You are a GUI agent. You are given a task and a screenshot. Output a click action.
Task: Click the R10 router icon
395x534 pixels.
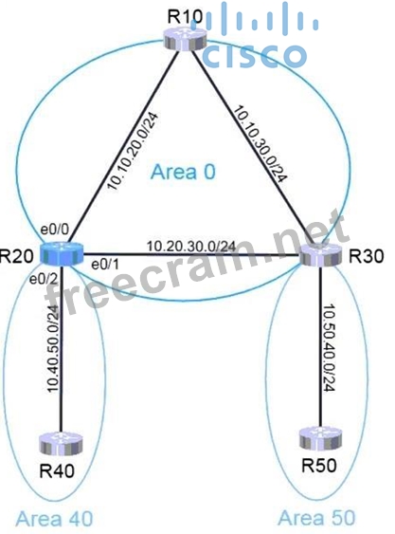(x=185, y=40)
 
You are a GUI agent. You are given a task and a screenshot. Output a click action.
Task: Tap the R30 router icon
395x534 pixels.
(x=320, y=255)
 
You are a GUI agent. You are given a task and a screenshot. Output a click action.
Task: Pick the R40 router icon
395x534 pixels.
(x=61, y=444)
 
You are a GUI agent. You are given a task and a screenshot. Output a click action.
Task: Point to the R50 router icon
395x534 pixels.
(x=320, y=438)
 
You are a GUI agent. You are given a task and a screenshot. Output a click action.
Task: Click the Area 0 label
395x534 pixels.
(x=183, y=172)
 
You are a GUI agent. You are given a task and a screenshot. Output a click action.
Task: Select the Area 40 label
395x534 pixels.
(x=54, y=519)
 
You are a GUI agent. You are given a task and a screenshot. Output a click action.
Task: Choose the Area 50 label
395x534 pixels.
(x=316, y=518)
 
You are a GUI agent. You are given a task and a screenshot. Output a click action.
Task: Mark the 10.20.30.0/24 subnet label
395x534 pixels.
(x=191, y=246)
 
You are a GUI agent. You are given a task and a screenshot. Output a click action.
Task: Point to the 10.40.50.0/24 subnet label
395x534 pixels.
(x=54, y=348)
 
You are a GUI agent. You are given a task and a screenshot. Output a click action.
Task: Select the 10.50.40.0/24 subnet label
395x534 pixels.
(x=330, y=347)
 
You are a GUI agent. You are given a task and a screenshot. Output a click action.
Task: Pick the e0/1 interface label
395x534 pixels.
(x=105, y=265)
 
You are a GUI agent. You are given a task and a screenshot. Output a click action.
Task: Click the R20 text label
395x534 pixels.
(x=17, y=256)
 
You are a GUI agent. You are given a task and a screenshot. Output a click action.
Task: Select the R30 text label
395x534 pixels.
(x=367, y=256)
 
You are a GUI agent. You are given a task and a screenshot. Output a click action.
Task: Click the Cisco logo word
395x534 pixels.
(x=256, y=55)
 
